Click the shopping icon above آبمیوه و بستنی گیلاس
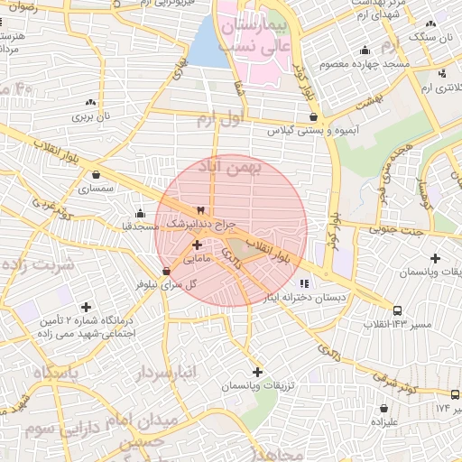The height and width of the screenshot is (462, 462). click(x=313, y=116)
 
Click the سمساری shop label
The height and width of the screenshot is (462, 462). click(x=96, y=189)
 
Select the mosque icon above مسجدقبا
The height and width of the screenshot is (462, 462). click(x=140, y=214)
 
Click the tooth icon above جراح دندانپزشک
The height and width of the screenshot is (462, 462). click(x=200, y=209)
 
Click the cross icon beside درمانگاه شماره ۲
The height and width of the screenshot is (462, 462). click(x=86, y=308)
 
